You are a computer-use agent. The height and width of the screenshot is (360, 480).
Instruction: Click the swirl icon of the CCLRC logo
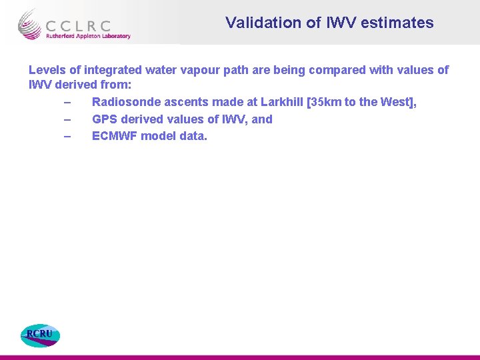click(x=30, y=24)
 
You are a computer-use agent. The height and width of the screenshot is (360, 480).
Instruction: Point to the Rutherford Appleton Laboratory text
click(x=87, y=37)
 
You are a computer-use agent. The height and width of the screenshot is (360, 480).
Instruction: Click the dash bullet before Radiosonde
click(x=67, y=103)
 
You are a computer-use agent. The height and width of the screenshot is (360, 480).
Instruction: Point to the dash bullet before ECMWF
click(x=67, y=137)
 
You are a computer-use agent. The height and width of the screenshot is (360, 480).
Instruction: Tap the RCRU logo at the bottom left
click(x=39, y=335)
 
